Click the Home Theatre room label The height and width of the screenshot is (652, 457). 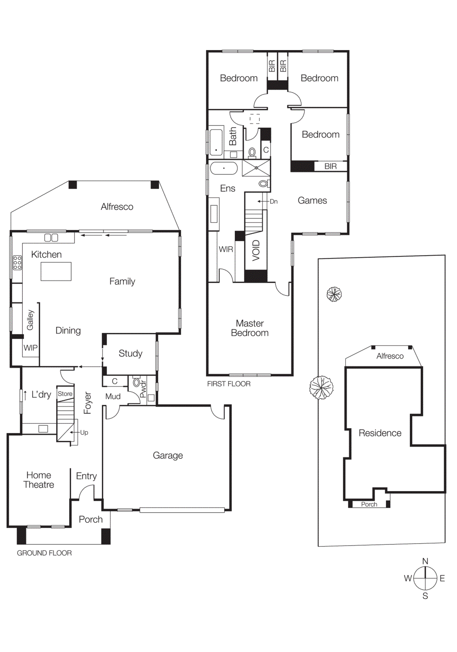(x=39, y=480)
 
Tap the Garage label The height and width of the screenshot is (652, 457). (x=168, y=455)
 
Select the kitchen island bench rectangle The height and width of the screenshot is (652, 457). (x=56, y=271)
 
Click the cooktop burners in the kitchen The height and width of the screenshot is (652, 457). (x=17, y=262)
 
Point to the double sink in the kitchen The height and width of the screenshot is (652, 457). (x=51, y=237)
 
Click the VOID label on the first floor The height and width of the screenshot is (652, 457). (x=256, y=250)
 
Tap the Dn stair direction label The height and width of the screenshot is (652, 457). (x=273, y=201)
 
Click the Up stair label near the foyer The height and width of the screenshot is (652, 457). (x=84, y=432)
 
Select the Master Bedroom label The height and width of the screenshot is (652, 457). (x=249, y=328)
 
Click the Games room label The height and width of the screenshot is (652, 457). (x=312, y=200)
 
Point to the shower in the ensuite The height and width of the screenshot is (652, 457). (x=256, y=168)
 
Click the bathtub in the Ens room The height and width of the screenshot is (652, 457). (x=223, y=168)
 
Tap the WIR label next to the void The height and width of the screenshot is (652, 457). (x=226, y=249)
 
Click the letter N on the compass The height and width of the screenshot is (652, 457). (x=425, y=561)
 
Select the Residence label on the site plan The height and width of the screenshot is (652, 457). (x=380, y=433)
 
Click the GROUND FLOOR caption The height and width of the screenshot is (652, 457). (x=44, y=553)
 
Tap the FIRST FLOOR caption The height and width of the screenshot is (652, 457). (x=229, y=384)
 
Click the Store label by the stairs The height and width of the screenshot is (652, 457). (x=65, y=394)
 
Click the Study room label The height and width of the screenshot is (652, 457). (x=130, y=353)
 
